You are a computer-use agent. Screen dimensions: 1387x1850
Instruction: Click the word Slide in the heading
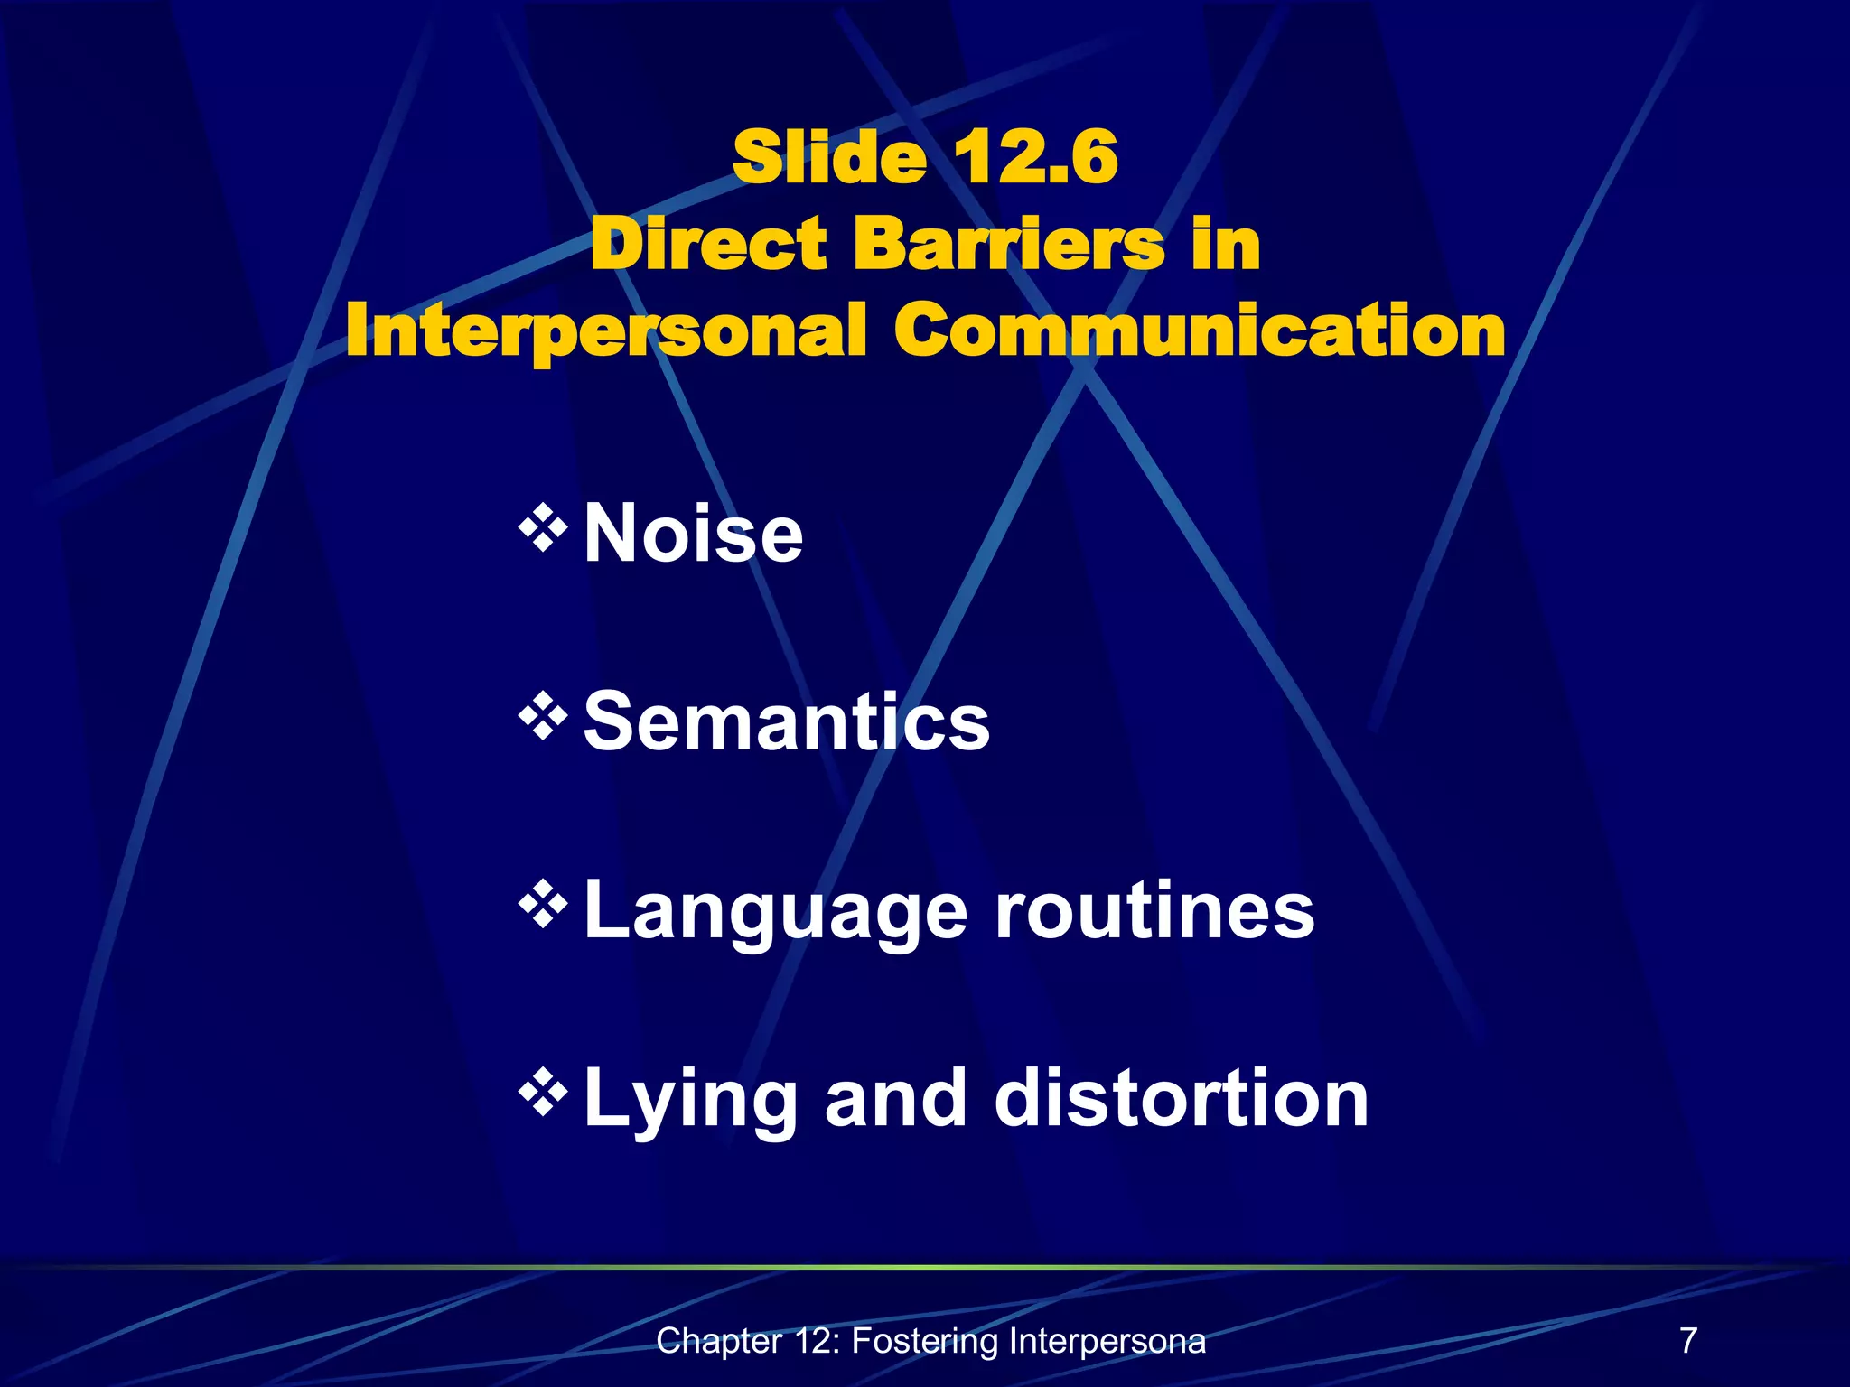829,157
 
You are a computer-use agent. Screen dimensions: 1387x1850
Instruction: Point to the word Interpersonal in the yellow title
606,332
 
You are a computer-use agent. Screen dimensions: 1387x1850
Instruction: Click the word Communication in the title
1200,330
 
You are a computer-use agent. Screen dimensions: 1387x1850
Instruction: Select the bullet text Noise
693,534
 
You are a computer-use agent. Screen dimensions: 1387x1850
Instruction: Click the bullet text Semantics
787,721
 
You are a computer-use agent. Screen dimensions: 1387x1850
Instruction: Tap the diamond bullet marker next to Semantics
543,718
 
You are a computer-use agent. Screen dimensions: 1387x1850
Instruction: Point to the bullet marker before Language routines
543,907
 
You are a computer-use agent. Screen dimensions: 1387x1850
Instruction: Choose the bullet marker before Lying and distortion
543,1094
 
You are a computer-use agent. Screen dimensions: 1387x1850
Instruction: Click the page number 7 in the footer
1688,1340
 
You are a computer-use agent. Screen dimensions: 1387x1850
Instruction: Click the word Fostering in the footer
924,1342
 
